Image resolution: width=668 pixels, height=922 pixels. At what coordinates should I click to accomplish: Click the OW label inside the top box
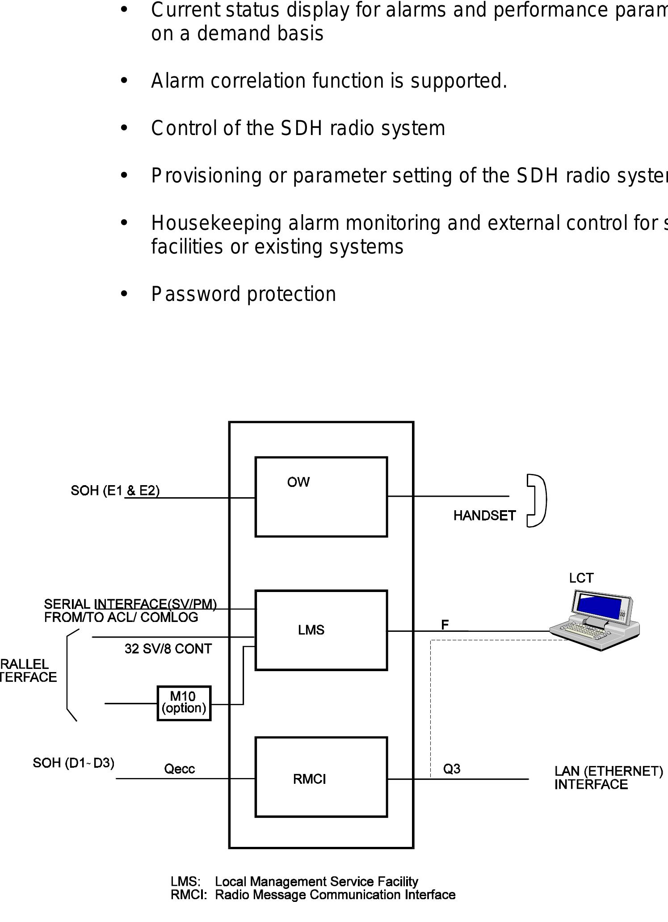(x=298, y=482)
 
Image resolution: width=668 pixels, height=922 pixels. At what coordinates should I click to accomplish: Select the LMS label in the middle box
(x=311, y=630)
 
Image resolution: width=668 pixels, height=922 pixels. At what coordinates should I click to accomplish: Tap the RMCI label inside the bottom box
(x=309, y=779)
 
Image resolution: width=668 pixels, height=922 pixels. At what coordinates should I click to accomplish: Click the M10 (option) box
(x=184, y=703)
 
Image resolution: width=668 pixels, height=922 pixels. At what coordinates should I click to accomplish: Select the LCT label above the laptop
(x=581, y=578)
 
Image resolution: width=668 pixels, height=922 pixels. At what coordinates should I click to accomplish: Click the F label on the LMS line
(x=445, y=625)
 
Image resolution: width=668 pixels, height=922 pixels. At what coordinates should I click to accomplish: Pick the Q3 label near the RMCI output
(x=451, y=769)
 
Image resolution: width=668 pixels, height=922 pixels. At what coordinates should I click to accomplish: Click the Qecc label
(x=179, y=769)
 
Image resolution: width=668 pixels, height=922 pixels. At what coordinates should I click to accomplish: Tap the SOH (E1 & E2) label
(x=115, y=491)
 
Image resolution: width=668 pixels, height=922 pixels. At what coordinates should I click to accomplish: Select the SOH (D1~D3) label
(x=73, y=763)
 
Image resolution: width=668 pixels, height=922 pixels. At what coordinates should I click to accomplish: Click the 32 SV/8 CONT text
(x=168, y=649)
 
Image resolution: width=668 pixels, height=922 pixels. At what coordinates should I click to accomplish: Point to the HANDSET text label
(x=484, y=516)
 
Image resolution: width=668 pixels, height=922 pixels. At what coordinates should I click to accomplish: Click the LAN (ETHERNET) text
(x=608, y=771)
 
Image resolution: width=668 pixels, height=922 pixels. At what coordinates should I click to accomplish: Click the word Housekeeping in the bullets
(x=216, y=223)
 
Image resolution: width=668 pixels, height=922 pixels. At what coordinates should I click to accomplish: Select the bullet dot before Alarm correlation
(x=124, y=81)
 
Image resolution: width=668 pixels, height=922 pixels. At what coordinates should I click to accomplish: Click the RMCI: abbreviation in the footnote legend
(x=188, y=895)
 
